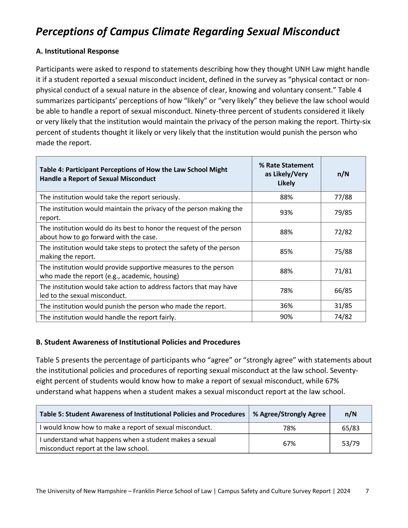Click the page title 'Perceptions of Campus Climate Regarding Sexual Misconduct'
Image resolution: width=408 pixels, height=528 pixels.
(x=188, y=32)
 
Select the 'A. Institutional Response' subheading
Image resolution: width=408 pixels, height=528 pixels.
(x=77, y=51)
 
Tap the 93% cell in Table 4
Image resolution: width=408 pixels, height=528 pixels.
(x=286, y=213)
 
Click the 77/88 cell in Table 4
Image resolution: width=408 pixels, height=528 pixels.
(x=343, y=197)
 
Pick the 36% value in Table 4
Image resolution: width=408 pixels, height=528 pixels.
(x=286, y=306)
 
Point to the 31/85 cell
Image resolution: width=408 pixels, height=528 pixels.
(x=343, y=306)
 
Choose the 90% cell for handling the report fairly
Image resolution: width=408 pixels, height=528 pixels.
(x=286, y=317)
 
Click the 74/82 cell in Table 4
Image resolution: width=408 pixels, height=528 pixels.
(x=343, y=317)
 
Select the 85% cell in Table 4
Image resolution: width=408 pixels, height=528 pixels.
(x=286, y=252)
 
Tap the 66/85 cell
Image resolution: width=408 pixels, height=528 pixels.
(x=343, y=291)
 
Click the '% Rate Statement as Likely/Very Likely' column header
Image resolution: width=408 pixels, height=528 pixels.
(x=286, y=174)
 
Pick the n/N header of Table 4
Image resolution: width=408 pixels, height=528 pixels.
(x=343, y=174)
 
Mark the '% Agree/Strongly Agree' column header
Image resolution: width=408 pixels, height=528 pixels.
(x=289, y=414)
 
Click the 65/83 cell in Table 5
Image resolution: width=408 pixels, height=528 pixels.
(x=351, y=428)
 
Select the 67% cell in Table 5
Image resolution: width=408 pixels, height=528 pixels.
(x=289, y=444)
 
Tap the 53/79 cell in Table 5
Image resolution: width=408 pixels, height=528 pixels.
(x=351, y=444)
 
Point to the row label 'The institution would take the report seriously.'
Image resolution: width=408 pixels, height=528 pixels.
(x=110, y=197)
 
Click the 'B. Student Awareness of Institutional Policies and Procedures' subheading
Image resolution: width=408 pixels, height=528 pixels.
(x=138, y=342)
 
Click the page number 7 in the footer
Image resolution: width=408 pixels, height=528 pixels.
(x=367, y=491)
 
